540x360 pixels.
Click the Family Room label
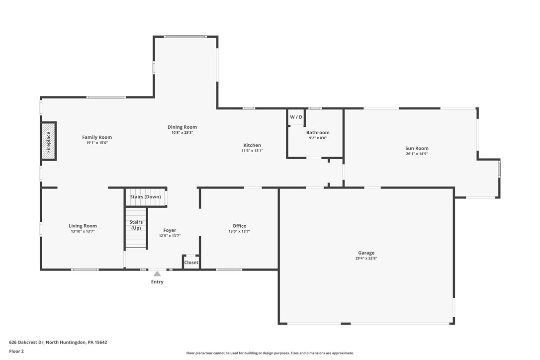point(97,137)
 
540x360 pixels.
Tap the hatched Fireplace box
point(48,141)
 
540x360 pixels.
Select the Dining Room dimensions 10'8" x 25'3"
point(182,133)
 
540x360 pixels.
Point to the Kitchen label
point(252,145)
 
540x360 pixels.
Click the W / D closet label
point(296,117)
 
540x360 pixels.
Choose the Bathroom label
point(318,132)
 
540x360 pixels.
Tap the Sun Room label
point(417,148)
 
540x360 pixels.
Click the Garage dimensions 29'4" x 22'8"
point(366,259)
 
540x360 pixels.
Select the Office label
point(239,226)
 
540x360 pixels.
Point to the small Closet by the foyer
point(191,263)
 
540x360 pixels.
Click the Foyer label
point(170,230)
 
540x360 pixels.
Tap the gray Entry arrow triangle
point(157,273)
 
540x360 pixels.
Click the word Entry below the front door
point(157,282)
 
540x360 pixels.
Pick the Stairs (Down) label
point(145,197)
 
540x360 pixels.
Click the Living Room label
point(83,226)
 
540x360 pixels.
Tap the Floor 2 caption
point(16,351)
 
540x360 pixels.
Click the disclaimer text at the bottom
point(270,353)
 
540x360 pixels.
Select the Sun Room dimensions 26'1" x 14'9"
point(417,154)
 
